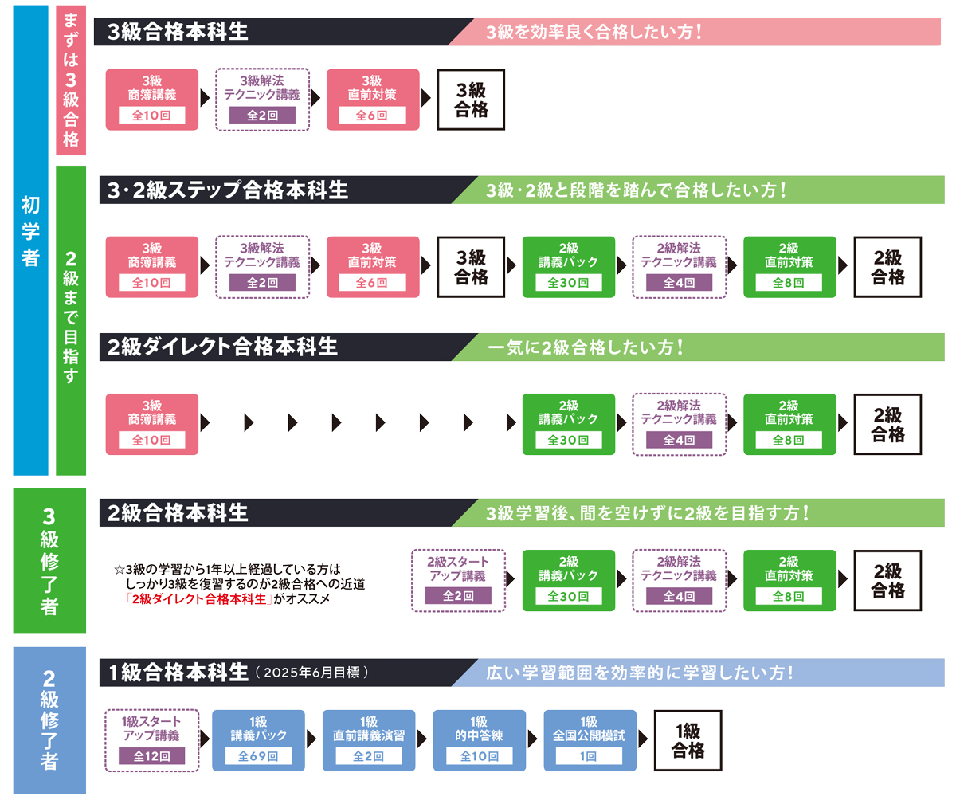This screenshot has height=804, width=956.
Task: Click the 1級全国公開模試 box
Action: pos(590,740)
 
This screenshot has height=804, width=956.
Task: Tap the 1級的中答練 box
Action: pos(479,740)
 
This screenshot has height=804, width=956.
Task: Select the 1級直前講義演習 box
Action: pos(369,740)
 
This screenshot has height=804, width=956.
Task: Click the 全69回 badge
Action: pos(258,756)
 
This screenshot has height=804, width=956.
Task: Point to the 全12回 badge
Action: pos(151,756)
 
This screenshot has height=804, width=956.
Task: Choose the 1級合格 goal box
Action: pos(688,740)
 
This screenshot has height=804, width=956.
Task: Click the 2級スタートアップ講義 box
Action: pos(458,580)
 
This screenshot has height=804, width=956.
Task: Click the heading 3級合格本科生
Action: pos(178,32)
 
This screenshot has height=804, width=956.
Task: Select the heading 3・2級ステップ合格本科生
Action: pos(228,190)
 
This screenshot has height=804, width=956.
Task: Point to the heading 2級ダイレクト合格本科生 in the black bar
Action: pos(222,347)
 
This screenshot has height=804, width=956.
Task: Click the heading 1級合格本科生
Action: pos(178,673)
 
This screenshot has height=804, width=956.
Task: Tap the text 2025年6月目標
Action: pos(311,673)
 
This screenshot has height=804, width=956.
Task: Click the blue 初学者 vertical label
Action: pos(31,231)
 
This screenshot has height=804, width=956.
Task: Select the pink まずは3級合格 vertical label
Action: pos(71,80)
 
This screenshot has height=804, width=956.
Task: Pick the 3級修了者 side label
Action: pos(49,561)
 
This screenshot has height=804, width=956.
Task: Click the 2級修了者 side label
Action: pos(49,720)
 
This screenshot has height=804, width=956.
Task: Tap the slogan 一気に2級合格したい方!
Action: pos(586,347)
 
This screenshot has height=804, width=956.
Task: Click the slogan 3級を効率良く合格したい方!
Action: pos(594,32)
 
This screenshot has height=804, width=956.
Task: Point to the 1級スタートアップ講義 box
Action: pos(151,740)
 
